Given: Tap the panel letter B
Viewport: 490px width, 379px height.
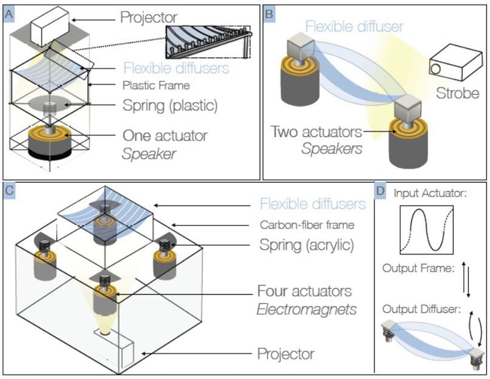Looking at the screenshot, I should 269,13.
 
